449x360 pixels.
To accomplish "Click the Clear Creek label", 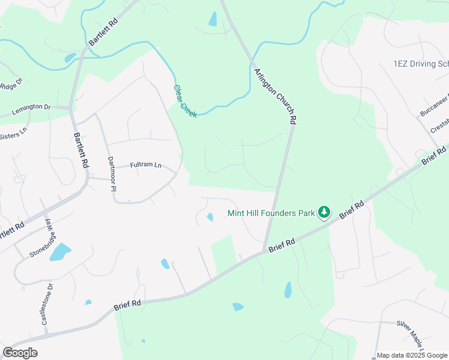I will (x=185, y=100).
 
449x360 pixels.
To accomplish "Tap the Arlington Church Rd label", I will (x=275, y=96).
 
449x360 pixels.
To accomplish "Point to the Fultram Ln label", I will (x=146, y=165).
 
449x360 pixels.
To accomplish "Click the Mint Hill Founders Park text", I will (x=271, y=212).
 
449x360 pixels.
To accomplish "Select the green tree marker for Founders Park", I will (x=324, y=212).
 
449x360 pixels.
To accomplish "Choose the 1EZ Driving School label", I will (x=420, y=64).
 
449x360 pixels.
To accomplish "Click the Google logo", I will (x=20, y=352).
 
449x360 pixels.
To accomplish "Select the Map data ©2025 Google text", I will (x=412, y=355).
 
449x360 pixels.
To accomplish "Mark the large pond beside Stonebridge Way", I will (x=60, y=252).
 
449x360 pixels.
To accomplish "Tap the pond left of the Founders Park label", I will (x=209, y=217).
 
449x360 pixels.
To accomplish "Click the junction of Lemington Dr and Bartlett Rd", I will (x=71, y=109).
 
